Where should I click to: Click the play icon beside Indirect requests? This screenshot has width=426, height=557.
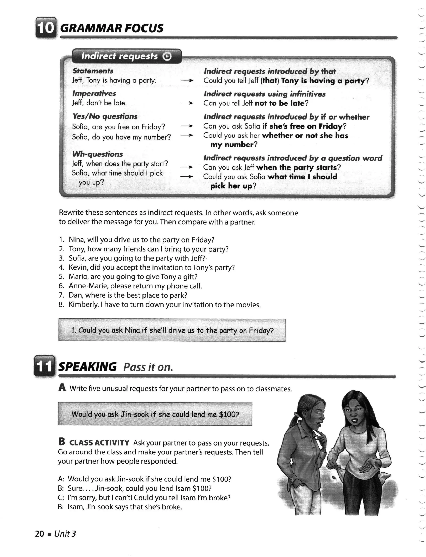(x=167, y=56)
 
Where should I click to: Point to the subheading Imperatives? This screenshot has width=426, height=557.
(x=94, y=93)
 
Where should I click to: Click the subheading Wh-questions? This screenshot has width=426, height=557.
(x=97, y=154)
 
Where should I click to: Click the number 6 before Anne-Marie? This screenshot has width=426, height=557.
(x=61, y=286)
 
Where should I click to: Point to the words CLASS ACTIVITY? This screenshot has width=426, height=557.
(x=99, y=443)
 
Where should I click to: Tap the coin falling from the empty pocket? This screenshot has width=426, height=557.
(x=334, y=478)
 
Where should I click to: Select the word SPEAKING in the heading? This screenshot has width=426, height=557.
(x=88, y=367)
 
